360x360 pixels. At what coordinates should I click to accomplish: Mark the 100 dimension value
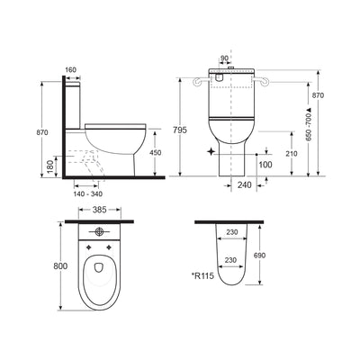[265, 165]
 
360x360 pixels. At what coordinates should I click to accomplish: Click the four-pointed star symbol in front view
[211, 153]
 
